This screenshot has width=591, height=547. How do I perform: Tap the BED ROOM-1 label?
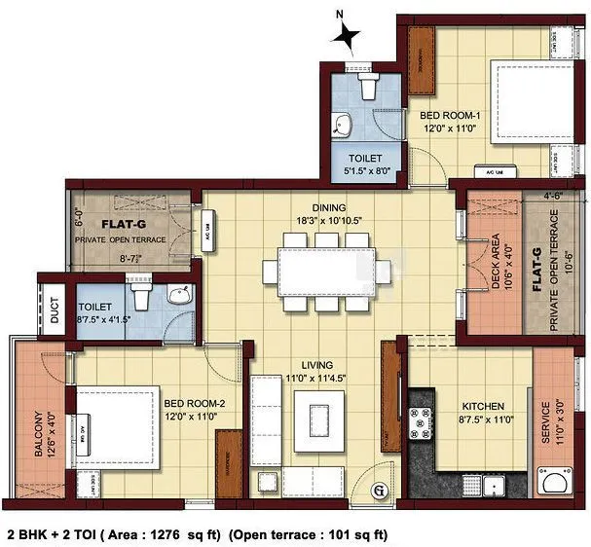coord(451,116)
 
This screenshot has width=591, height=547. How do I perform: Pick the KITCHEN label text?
coord(456,407)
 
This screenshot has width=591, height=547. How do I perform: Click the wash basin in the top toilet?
coord(345,126)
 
